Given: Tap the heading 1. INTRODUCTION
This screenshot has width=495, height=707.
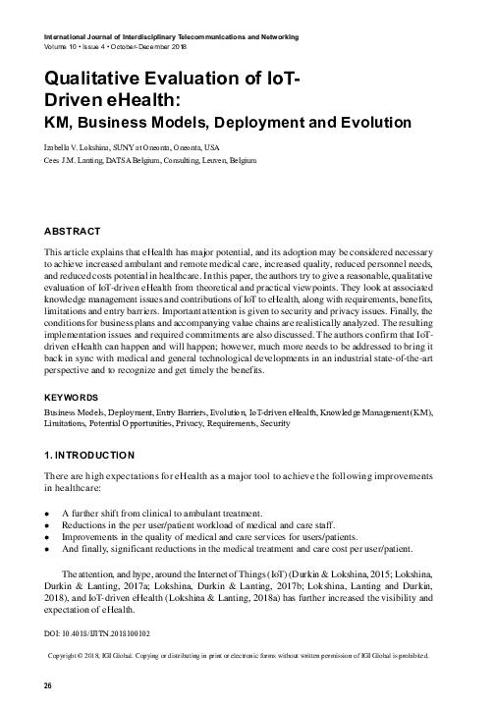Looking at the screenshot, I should pyautogui.click(x=89, y=457).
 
